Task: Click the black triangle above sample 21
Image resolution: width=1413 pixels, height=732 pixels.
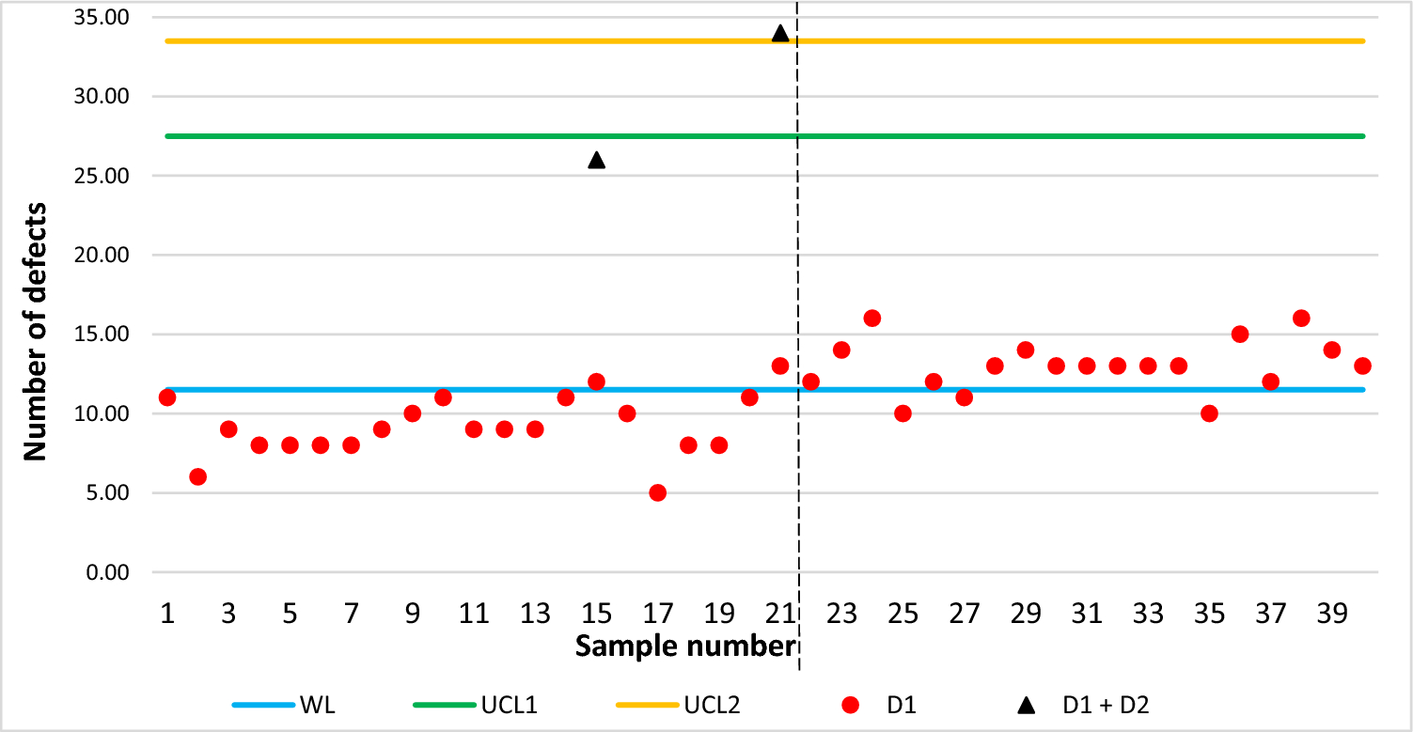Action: (780, 34)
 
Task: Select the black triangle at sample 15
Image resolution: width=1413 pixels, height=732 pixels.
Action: (596, 160)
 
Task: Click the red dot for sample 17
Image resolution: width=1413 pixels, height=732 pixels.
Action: (657, 492)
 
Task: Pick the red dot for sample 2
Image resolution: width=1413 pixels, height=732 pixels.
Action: (197, 476)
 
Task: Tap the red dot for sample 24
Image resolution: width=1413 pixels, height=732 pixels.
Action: (872, 318)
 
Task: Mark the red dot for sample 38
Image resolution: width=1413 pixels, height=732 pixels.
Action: (1301, 318)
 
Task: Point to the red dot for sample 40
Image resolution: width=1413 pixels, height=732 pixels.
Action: (1362, 366)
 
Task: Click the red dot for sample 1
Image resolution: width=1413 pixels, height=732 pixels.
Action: (167, 397)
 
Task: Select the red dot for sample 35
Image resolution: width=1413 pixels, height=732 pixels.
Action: (1209, 413)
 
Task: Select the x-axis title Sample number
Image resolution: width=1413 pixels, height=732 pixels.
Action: (684, 646)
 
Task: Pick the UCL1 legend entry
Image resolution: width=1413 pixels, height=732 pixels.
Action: (475, 705)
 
